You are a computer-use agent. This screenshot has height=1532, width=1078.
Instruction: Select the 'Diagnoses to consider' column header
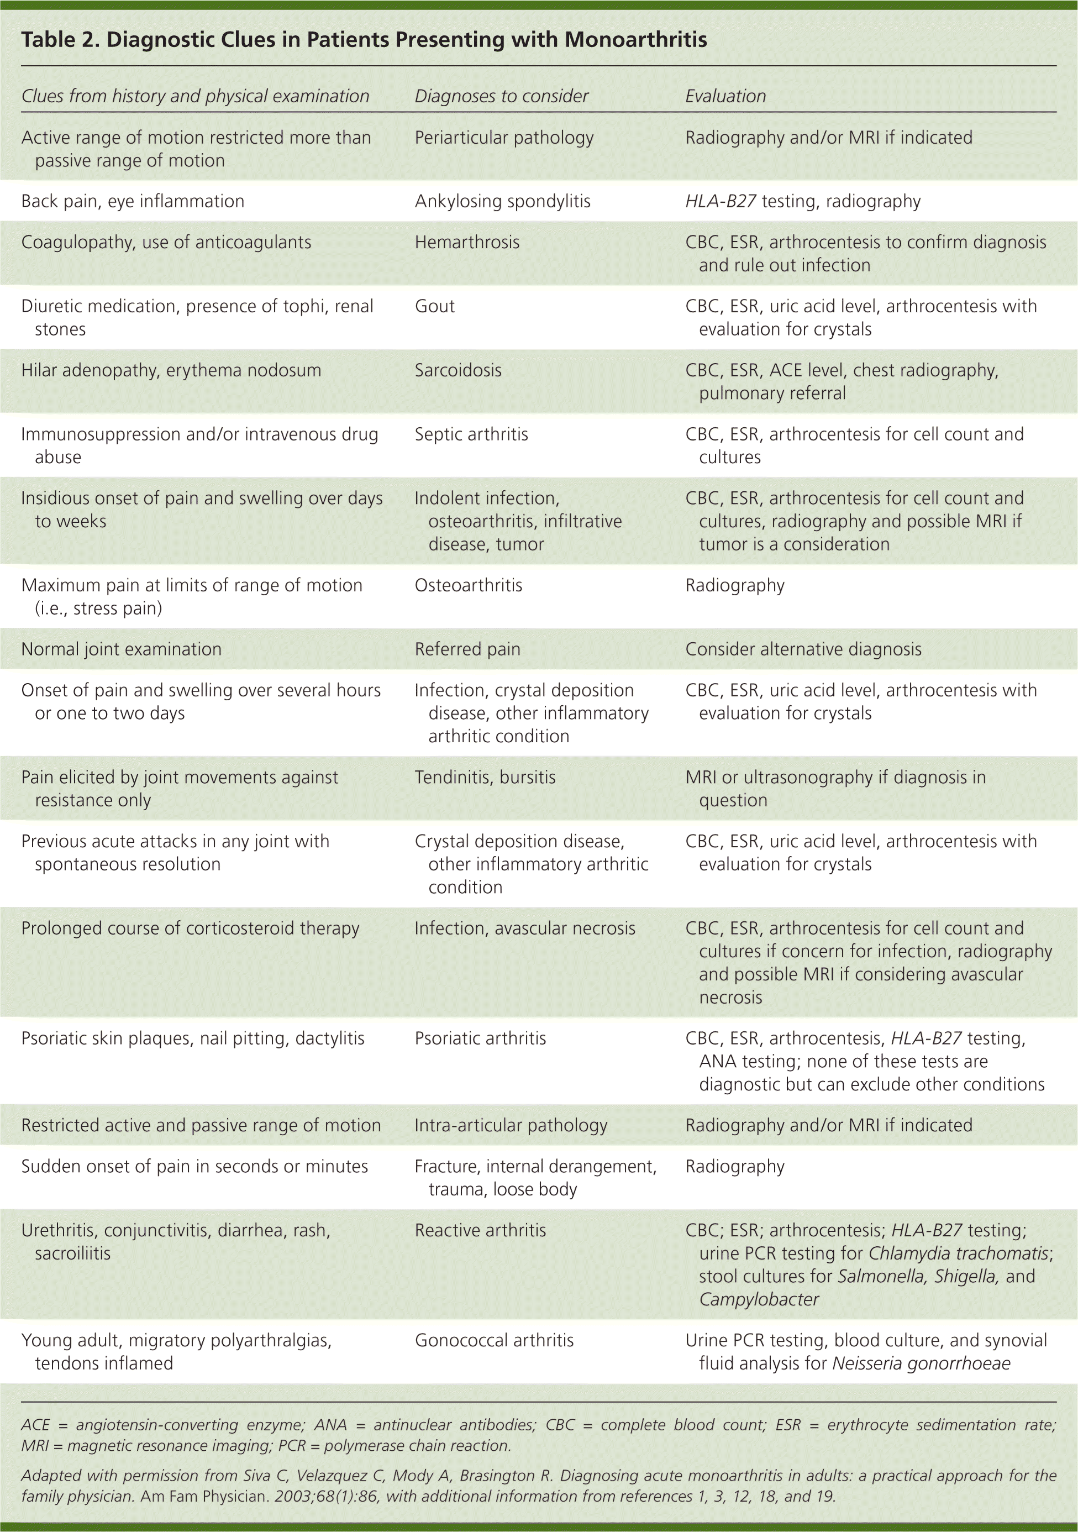pos(501,96)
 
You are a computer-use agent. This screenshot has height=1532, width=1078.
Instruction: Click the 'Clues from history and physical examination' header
pos(195,96)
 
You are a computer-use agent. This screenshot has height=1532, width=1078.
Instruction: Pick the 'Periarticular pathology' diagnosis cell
pos(504,138)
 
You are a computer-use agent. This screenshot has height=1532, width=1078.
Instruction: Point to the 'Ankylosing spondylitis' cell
pos(502,202)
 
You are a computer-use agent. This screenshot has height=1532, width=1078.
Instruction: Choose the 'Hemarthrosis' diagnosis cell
pos(467,242)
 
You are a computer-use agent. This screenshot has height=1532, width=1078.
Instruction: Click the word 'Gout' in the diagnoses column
pos(434,306)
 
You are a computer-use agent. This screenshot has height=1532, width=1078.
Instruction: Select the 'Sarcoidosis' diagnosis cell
pos(458,370)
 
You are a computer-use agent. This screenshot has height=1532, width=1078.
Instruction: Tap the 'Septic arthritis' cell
pos(471,434)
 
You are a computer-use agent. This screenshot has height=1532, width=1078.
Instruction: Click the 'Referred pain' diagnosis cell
pos(467,649)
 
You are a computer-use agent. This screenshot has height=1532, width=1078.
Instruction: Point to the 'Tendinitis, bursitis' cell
pos(485,778)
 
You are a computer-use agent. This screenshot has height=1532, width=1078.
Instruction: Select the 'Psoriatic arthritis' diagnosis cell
pos(480,1039)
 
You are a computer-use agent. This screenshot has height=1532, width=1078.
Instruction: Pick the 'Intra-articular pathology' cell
pos(511,1126)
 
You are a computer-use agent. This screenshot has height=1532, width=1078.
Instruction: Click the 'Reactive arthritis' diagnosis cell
pos(480,1230)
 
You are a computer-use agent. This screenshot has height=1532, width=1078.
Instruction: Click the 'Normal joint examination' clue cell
pos(121,649)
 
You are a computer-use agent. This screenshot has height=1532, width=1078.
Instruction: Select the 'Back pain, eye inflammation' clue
pos(133,202)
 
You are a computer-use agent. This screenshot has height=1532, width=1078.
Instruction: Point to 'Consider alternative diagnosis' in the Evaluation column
pos(803,649)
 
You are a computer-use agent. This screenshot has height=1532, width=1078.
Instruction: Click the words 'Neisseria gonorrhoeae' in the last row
pos(921,1363)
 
